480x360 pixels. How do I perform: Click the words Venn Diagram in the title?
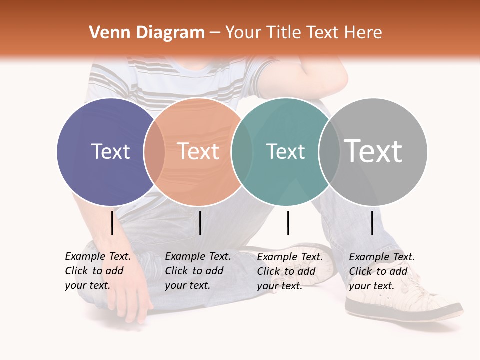[147, 33]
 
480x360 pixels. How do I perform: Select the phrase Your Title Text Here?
[303, 33]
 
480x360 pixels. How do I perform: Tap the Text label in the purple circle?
[111, 151]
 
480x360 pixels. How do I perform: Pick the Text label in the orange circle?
[198, 151]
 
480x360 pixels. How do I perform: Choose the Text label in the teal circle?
[285, 151]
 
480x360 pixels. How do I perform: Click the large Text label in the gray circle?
[373, 151]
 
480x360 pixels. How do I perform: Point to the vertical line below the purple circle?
[112, 223]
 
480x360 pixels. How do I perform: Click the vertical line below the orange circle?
[200, 223]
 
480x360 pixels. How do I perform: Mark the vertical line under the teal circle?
[288, 223]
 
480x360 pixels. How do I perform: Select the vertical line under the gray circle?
[372, 223]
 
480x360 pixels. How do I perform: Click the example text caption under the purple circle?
[98, 271]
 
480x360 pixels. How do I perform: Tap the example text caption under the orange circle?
[198, 271]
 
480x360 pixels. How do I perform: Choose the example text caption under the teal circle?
[290, 271]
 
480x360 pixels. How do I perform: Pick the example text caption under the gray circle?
[382, 271]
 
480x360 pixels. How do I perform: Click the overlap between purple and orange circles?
[154, 151]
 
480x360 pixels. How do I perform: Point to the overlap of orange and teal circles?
[242, 151]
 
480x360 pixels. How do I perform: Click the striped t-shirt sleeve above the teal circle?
[260, 75]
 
